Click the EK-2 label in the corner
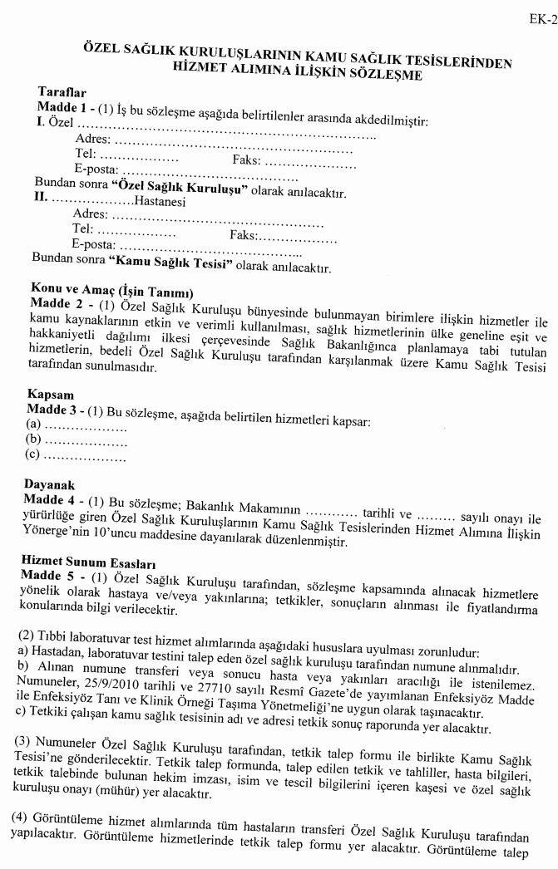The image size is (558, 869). (x=542, y=19)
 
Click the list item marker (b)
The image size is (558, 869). (x=33, y=438)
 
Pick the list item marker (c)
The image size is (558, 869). (x=33, y=454)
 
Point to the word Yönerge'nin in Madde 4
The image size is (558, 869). (x=60, y=539)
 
